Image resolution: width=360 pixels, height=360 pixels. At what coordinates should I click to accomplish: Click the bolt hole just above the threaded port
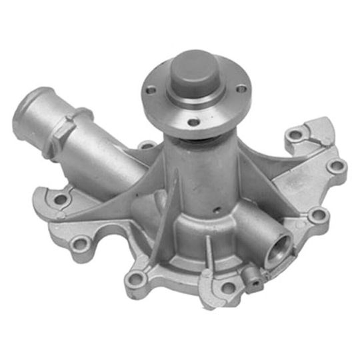click(318, 215)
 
